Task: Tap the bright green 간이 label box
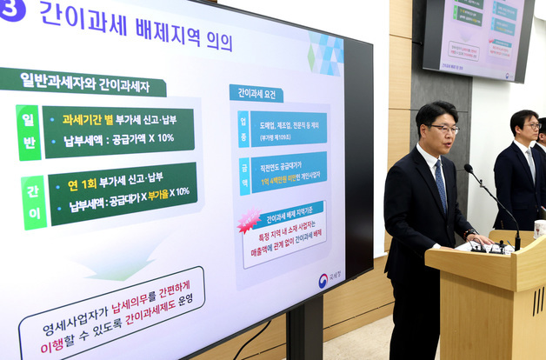33,201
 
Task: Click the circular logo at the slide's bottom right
323,280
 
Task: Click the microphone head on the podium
468,168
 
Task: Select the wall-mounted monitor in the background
478,38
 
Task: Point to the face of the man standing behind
527,130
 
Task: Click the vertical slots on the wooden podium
538,301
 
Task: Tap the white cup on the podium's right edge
540,228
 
